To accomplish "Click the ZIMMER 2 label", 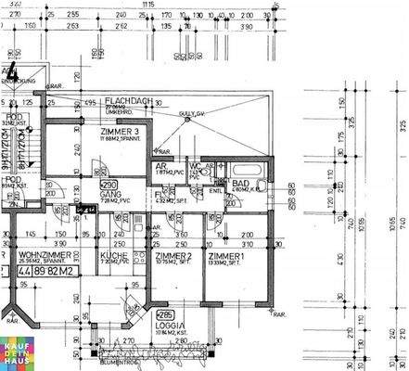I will [173, 254].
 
